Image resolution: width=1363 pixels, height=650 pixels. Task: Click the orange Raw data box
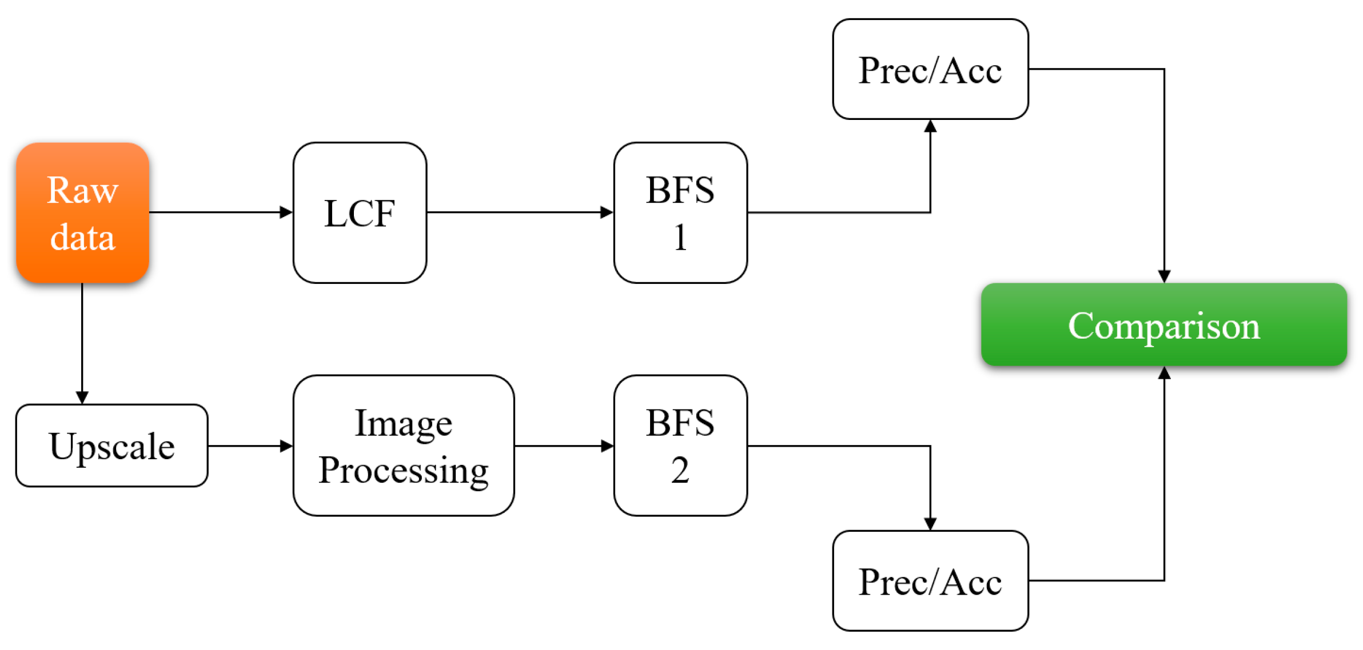[82, 212]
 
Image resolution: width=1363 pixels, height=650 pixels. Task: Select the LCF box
[360, 212]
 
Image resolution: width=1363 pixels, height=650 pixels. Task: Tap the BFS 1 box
[680, 212]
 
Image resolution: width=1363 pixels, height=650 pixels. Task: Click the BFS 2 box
[680, 446]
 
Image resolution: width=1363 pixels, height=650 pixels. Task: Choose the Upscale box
[111, 446]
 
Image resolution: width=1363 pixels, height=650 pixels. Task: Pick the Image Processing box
[403, 446]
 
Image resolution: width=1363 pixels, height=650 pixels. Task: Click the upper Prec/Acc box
[930, 69]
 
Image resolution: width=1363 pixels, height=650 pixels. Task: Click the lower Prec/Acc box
[930, 581]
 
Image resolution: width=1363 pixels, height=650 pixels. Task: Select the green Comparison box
[1163, 324]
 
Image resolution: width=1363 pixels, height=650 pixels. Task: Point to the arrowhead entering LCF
[286, 212]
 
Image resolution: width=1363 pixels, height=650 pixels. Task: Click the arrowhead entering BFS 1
[607, 212]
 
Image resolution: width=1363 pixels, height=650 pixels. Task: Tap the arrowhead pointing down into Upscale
[82, 398]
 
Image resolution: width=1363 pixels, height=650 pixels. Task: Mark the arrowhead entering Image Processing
[286, 446]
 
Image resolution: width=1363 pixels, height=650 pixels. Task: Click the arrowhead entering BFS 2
[608, 446]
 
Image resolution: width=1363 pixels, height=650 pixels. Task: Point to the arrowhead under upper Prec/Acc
[930, 126]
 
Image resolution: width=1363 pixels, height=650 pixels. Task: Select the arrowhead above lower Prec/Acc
[930, 524]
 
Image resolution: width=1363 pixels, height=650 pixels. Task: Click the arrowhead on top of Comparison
[1164, 276]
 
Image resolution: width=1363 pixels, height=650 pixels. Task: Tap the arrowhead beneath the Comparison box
[1164, 373]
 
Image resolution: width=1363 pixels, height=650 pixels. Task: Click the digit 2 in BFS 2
[680, 471]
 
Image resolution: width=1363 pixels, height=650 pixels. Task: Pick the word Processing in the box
[403, 471]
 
